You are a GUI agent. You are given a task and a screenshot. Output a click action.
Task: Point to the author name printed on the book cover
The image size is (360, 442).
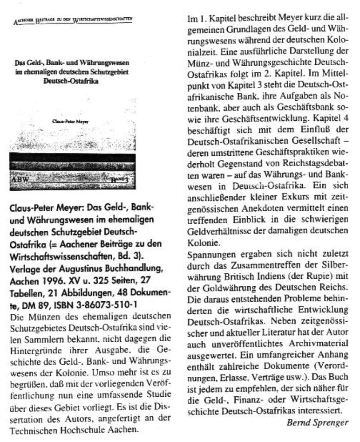coord(72,121)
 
